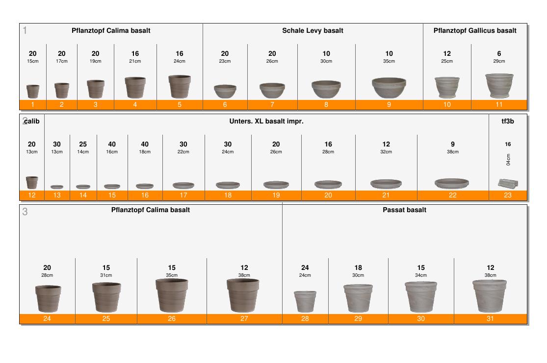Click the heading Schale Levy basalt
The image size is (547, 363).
pos(313,31)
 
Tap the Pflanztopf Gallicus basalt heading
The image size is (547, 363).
pos(475,31)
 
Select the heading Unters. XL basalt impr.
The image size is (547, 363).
pos(266,121)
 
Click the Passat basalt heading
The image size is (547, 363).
pos(404,210)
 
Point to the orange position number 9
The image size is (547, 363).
pos(389,104)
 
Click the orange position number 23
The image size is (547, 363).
pos(508,195)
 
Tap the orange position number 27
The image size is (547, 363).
pos(244,318)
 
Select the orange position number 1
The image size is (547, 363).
pos(33,104)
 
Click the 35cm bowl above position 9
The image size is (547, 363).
pos(389,87)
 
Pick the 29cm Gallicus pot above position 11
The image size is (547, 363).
pos(499,85)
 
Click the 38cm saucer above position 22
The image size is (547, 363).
pos(452,183)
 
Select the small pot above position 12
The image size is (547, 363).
pos(32,183)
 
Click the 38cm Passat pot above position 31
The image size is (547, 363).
pos(490,296)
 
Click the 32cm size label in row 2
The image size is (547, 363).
pos(386,152)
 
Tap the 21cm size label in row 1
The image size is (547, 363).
pos(135,61)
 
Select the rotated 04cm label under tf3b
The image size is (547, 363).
pos(508,160)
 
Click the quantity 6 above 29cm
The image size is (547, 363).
pos(499,54)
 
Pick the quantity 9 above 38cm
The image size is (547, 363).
pos(453,144)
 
